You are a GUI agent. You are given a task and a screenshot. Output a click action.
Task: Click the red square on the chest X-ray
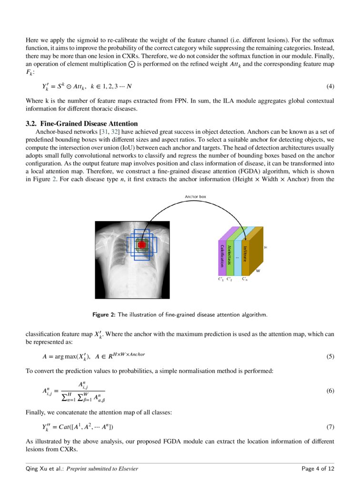(141, 244)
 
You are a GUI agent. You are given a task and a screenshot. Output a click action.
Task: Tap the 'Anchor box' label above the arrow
(195, 197)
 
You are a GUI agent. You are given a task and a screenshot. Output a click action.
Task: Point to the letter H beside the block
(265, 248)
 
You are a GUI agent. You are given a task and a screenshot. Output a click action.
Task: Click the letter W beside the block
(258, 271)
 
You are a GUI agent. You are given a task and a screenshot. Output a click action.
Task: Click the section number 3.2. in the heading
(33, 124)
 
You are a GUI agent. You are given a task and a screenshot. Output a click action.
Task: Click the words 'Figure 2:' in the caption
(104, 315)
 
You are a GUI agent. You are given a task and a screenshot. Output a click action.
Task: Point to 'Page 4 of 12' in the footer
(318, 469)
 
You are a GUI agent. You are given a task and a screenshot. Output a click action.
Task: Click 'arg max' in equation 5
(64, 357)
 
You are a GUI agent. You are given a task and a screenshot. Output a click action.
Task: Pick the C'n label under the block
(244, 279)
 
